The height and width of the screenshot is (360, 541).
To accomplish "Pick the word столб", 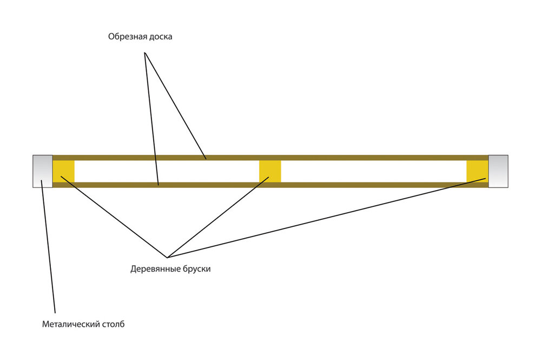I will (x=112, y=325).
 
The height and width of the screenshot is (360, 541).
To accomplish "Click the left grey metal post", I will (x=42, y=171).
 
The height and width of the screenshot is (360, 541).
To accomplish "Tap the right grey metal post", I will (x=498, y=171).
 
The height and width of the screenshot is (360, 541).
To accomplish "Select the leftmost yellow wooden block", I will (x=63, y=171).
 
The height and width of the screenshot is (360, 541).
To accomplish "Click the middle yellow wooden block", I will (x=270, y=171).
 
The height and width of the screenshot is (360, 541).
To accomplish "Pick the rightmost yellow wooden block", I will (x=477, y=171).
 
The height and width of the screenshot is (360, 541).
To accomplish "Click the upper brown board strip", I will (x=325, y=158).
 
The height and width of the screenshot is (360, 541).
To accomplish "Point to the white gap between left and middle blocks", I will (x=167, y=171).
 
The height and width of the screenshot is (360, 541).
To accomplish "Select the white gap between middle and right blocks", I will (x=373, y=171).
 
